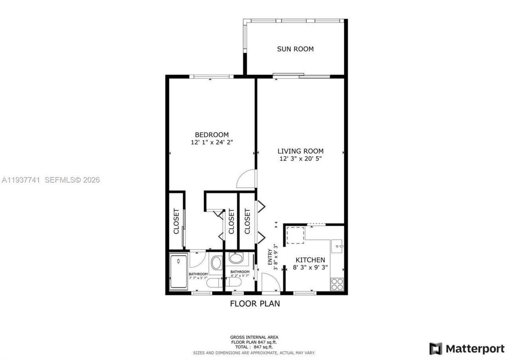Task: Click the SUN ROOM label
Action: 295,49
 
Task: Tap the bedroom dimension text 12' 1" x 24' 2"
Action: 212,142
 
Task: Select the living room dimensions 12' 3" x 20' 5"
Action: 300,158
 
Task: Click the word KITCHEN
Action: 310,260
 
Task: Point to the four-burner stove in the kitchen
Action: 337,284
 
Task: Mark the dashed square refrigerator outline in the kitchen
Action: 295,235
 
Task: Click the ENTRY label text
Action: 270,257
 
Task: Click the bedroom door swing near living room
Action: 246,180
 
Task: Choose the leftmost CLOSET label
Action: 176,221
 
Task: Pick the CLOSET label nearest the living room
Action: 247,221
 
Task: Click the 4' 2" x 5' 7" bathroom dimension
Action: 240,276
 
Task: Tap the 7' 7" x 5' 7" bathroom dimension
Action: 198,278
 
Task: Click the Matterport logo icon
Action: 435,349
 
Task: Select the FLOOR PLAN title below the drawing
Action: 255,304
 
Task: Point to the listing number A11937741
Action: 21,180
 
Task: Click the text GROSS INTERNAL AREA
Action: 254,337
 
